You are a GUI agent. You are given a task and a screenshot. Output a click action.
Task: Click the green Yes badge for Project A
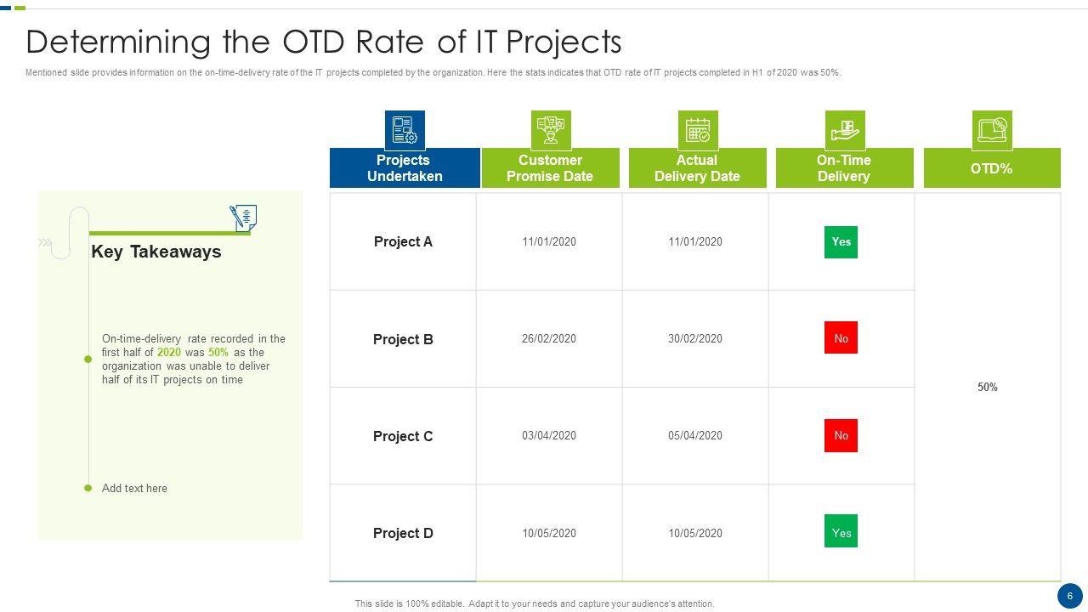click(841, 242)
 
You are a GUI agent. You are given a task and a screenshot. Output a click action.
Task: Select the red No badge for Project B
click(841, 337)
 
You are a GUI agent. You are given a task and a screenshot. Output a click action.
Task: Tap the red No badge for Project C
click(841, 435)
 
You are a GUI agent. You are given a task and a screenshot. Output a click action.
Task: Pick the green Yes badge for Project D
click(841, 531)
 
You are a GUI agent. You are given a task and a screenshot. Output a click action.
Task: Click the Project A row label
click(403, 241)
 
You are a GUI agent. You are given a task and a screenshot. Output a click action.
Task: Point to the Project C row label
click(403, 436)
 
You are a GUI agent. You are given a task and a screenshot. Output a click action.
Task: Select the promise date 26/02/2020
click(549, 338)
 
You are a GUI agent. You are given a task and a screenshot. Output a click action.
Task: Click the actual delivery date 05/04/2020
click(695, 435)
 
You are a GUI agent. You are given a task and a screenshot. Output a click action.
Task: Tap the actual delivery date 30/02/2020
click(695, 338)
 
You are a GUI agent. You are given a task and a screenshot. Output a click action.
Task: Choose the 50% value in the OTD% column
click(988, 387)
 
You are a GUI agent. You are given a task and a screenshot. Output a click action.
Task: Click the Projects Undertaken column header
click(405, 167)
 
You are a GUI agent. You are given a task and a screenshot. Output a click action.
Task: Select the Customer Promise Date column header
click(550, 167)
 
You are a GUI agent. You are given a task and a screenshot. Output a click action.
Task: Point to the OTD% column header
click(992, 167)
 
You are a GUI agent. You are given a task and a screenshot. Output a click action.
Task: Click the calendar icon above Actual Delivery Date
click(698, 130)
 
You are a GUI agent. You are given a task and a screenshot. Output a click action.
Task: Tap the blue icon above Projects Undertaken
click(405, 130)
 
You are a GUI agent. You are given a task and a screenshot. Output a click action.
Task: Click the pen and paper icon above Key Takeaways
click(243, 218)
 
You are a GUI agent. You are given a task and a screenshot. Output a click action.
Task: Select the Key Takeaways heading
click(156, 252)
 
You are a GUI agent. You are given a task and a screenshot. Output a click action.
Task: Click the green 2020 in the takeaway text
click(168, 352)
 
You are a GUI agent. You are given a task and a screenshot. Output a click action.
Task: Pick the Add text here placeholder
click(134, 488)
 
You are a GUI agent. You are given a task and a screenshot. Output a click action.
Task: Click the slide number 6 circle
click(1070, 596)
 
